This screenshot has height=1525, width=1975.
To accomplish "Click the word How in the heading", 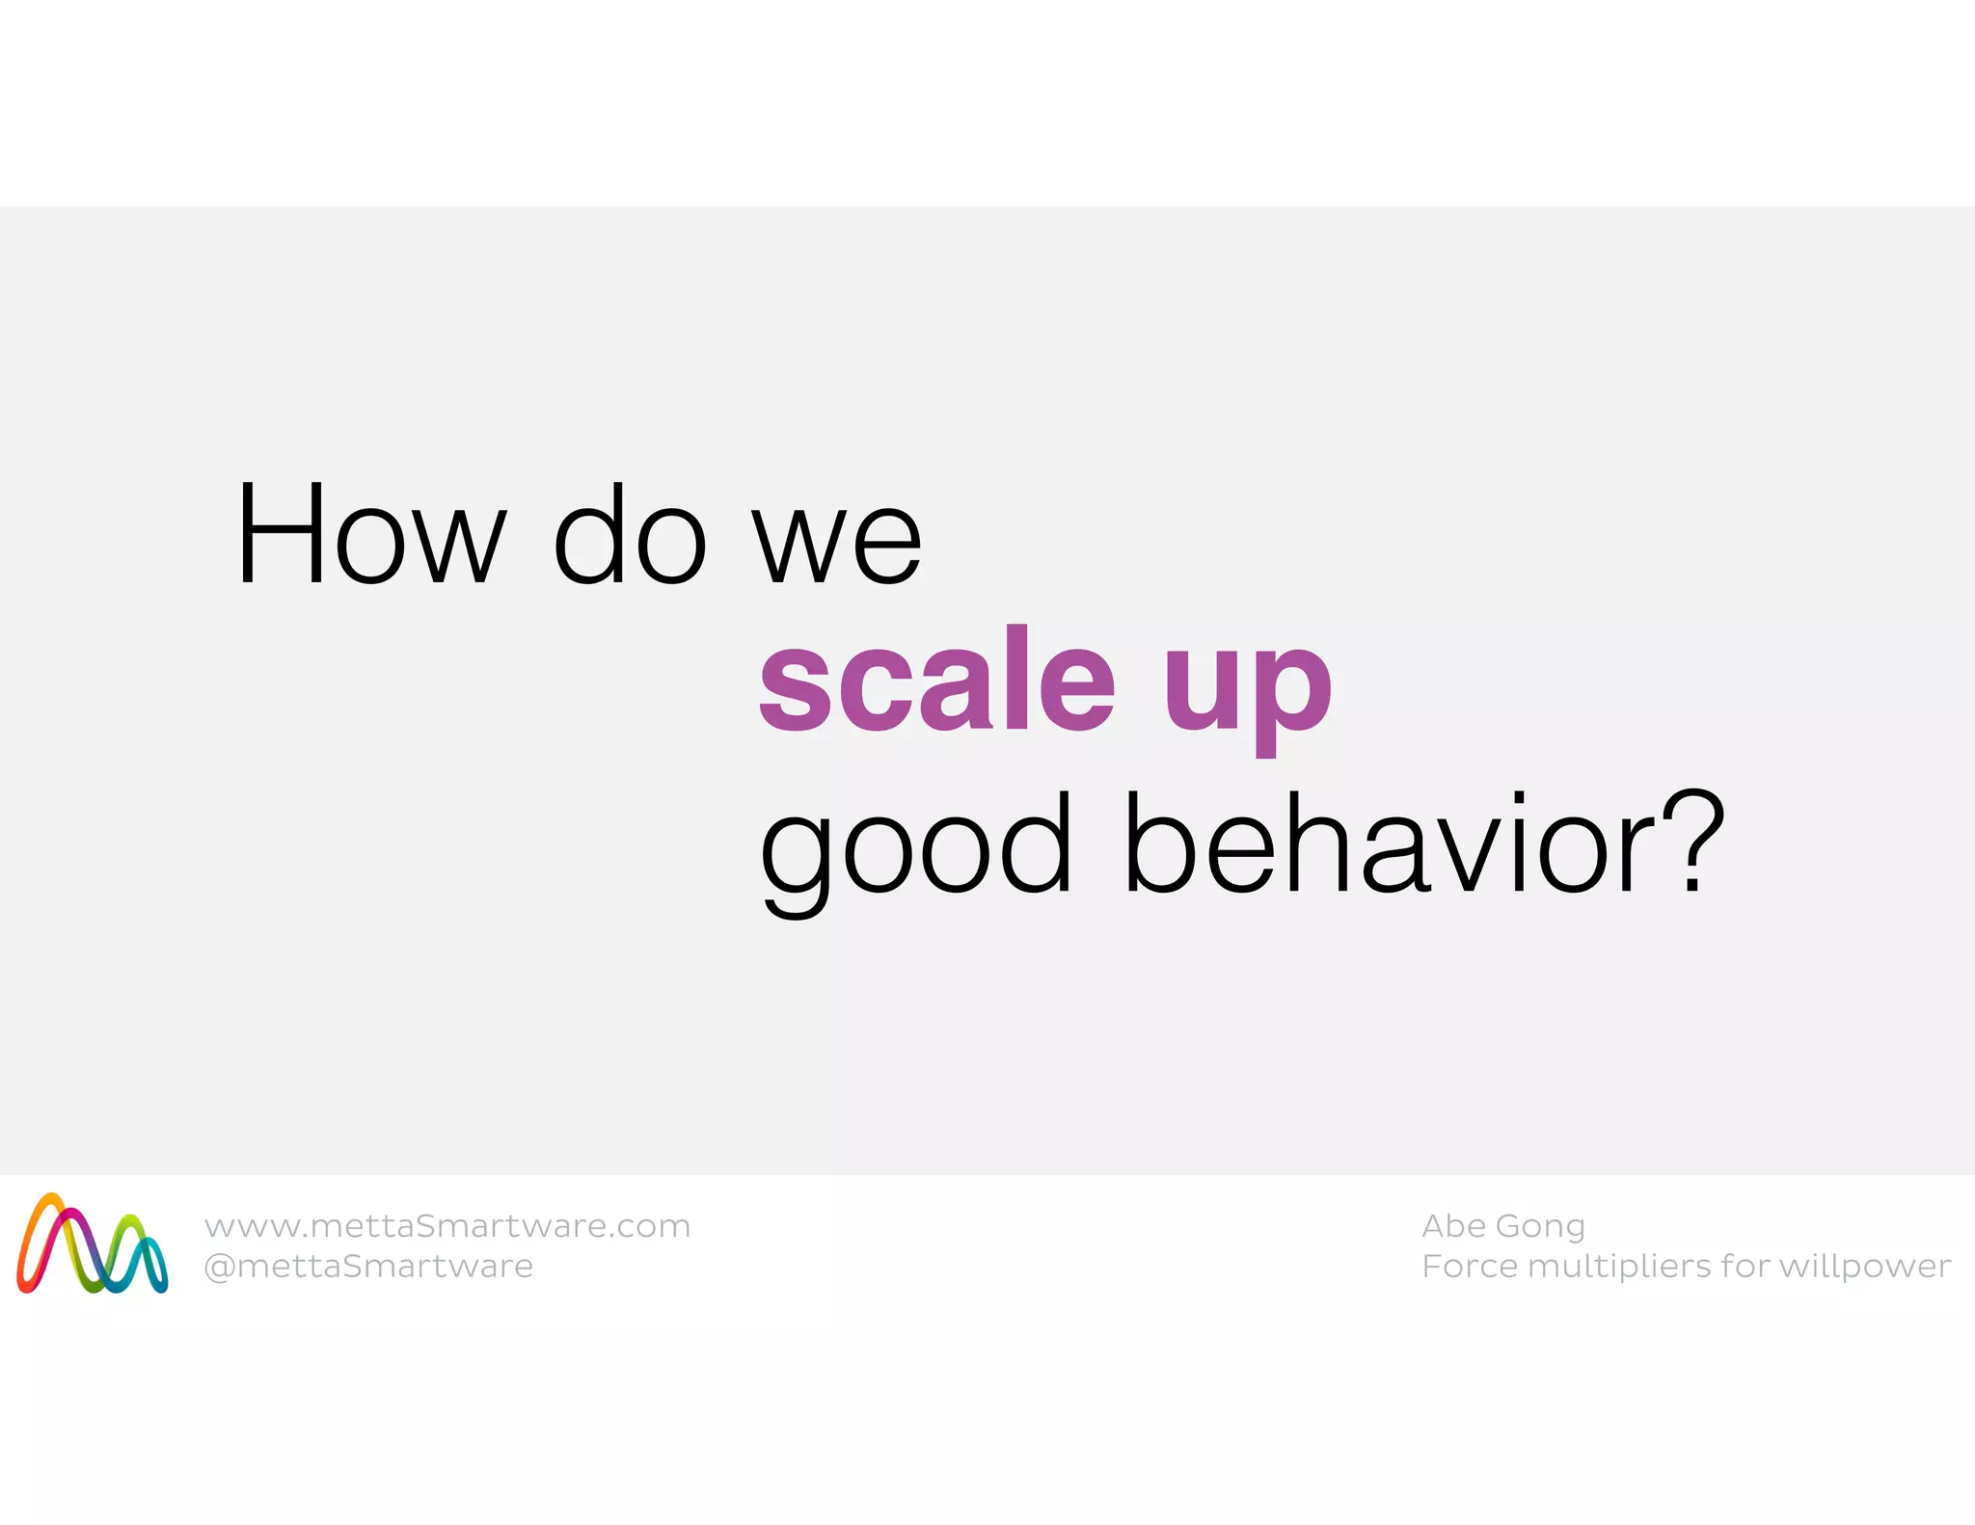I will pyautogui.click(x=371, y=535).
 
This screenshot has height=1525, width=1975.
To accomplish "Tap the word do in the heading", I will pyautogui.click(x=631, y=535).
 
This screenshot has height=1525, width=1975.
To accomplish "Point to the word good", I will pyautogui.click(x=915, y=848).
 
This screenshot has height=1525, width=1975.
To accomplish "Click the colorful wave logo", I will pyautogui.click(x=93, y=1244).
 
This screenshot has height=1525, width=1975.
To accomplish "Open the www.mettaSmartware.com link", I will pyautogui.click(x=447, y=1226).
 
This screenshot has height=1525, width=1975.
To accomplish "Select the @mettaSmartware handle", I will pyautogui.click(x=368, y=1266).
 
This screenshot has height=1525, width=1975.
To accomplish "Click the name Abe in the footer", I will pyautogui.click(x=1453, y=1225).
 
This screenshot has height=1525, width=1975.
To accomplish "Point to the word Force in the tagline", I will pyautogui.click(x=1470, y=1266).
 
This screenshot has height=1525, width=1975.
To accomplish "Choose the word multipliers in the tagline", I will pyautogui.click(x=1620, y=1267).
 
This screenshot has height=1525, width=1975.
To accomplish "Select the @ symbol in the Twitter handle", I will pyautogui.click(x=220, y=1267).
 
